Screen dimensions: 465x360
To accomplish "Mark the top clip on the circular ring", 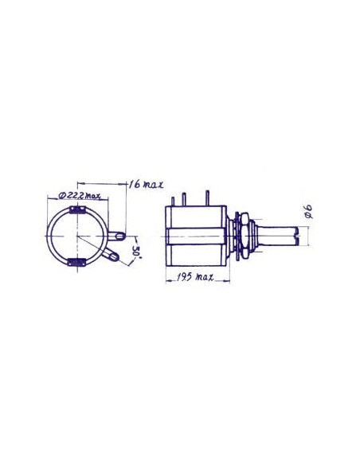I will (80, 211).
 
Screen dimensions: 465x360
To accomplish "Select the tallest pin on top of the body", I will (209, 196).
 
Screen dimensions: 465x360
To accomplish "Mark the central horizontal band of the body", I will (197, 236).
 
